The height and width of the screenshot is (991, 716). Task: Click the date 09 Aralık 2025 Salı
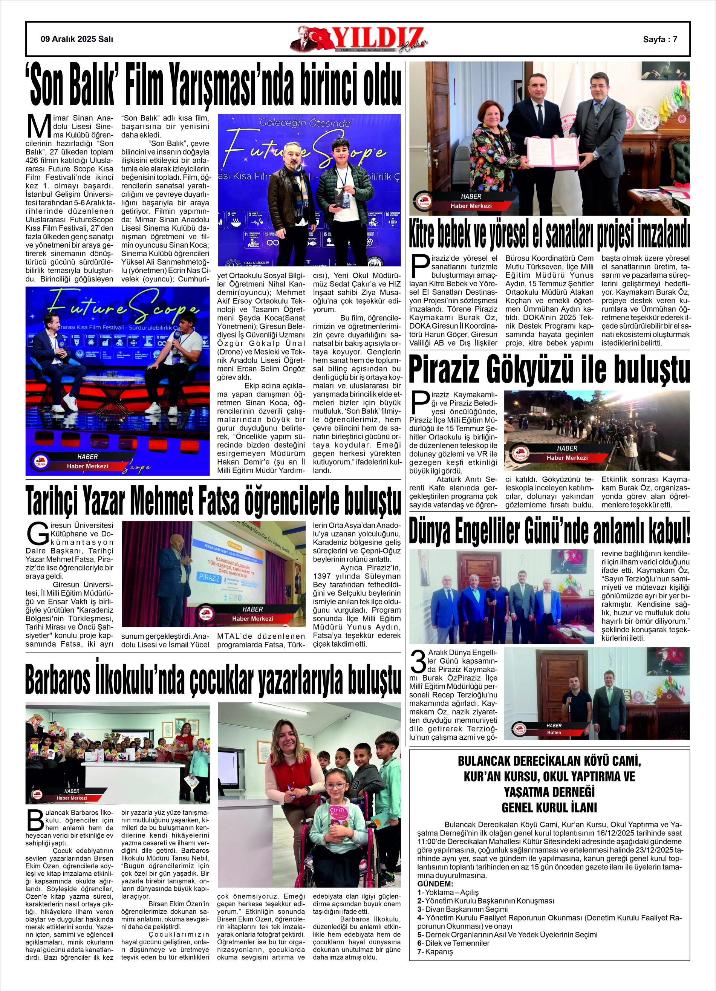click(x=76, y=39)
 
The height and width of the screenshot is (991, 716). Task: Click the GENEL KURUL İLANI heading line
click(x=549, y=807)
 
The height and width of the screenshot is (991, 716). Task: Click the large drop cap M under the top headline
click(x=39, y=127)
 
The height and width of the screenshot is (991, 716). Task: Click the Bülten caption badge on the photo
click(x=554, y=733)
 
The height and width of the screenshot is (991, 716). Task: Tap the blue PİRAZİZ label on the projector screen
click(x=209, y=578)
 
